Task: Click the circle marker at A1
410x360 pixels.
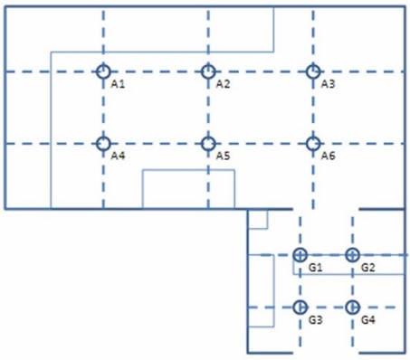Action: [103, 71]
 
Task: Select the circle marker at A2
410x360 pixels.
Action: [208, 71]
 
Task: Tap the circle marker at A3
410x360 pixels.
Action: [313, 71]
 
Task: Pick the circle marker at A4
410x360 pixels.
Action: [103, 143]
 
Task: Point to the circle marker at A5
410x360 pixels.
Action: [208, 143]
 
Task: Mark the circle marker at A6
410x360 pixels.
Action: [313, 143]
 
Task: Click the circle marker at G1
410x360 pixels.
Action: [300, 255]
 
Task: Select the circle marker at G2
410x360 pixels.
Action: [352, 255]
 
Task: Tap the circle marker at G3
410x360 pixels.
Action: [300, 307]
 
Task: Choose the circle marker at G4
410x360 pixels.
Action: [352, 307]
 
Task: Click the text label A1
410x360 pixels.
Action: [118, 84]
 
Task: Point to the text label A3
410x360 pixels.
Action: [329, 84]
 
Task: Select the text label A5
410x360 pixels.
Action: [224, 156]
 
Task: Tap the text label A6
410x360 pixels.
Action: [329, 156]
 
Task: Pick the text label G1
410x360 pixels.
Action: [316, 268]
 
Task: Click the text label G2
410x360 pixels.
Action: [367, 268]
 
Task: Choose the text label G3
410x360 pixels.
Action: [316, 320]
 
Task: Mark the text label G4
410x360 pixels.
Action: [367, 320]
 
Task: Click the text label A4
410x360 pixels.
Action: [118, 156]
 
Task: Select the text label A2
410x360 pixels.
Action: [224, 84]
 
